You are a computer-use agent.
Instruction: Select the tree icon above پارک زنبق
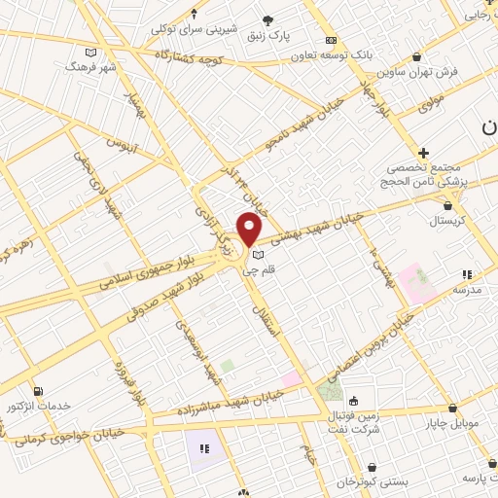tap(269, 19)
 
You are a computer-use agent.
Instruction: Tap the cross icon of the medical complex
tap(423, 153)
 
